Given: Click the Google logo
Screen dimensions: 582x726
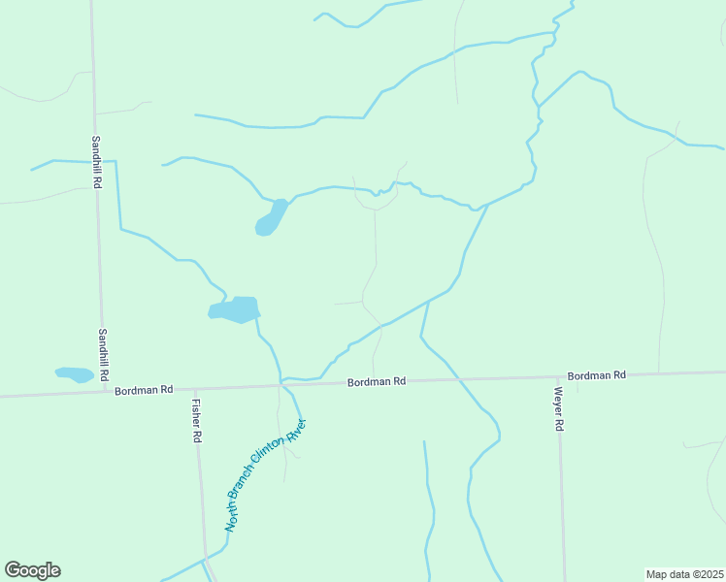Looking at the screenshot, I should [x=32, y=570].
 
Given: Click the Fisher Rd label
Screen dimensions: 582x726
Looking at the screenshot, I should [x=196, y=421].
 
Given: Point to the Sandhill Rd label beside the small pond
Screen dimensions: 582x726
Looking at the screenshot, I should [x=104, y=353].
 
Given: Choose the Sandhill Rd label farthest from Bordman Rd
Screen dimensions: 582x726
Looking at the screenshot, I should [x=96, y=161].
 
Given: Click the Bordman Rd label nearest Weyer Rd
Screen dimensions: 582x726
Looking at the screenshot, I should [x=597, y=375].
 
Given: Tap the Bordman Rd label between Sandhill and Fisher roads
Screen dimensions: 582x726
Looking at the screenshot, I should [x=143, y=390].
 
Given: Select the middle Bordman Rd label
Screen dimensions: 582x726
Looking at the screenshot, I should [x=377, y=382].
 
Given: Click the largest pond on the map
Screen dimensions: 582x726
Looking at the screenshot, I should [x=236, y=309].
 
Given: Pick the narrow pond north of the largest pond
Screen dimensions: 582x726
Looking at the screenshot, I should [x=271, y=218].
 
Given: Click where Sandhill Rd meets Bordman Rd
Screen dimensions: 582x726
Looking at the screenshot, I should [x=105, y=393].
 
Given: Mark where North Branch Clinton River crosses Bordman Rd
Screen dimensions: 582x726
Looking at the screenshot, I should [x=282, y=386].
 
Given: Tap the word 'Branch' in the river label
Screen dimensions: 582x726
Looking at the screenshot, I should [x=248, y=487].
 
